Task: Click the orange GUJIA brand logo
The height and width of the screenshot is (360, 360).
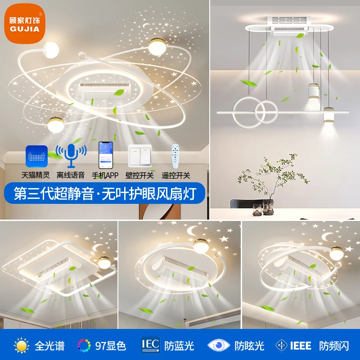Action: (x=25, y=23)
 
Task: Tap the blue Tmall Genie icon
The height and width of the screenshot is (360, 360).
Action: (x=37, y=156)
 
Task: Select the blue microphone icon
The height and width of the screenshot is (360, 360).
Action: (x=71, y=155)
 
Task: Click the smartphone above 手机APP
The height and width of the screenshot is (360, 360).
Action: (x=106, y=155)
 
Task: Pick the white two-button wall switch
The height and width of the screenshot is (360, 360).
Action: (x=140, y=156)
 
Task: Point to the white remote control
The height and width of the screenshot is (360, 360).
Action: (x=175, y=156)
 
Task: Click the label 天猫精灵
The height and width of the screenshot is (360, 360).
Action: (x=36, y=175)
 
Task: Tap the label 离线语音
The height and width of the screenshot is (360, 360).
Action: (x=71, y=175)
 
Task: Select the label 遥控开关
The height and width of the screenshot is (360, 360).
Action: (x=176, y=175)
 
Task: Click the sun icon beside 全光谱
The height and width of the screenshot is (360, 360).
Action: (x=22, y=345)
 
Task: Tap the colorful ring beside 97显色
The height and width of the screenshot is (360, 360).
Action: (x=84, y=345)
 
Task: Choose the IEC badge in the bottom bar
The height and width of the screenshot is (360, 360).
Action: (x=150, y=345)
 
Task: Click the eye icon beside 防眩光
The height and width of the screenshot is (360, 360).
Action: (x=218, y=345)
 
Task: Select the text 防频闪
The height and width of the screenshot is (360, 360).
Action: (x=334, y=346)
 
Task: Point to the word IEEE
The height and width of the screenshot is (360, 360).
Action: (x=301, y=346)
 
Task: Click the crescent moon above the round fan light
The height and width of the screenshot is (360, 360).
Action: (x=192, y=230)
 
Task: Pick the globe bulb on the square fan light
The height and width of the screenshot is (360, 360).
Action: (x=104, y=263)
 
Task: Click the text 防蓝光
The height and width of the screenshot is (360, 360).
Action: (x=179, y=346)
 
